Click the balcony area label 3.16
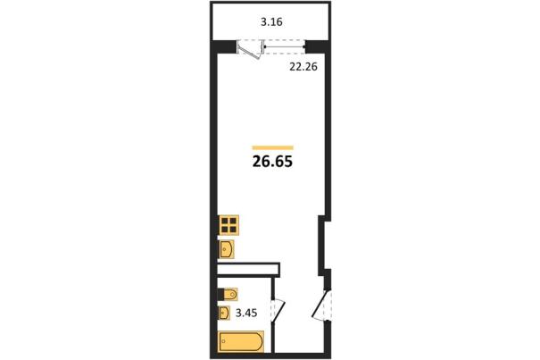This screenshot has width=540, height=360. point(271,22)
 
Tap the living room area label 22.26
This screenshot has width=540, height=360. point(303,67)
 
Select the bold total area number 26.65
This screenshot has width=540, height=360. point(272,162)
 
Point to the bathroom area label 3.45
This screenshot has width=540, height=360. point(246,314)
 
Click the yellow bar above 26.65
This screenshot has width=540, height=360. point(273,148)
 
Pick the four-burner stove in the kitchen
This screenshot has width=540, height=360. point(228,225)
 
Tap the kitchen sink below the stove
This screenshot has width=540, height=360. point(227,249)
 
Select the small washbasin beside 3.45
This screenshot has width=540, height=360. point(224,314)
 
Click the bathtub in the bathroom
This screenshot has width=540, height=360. point(241,341)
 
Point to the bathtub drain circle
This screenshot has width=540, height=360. point(224,341)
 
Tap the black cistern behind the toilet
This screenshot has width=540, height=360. point(220,295)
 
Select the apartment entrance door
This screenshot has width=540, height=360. point(321,306)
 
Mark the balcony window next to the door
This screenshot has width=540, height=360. point(285,46)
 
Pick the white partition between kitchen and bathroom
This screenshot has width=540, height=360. point(248,270)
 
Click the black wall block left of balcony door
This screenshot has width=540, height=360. point(224,46)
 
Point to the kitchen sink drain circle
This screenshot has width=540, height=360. point(225,248)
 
